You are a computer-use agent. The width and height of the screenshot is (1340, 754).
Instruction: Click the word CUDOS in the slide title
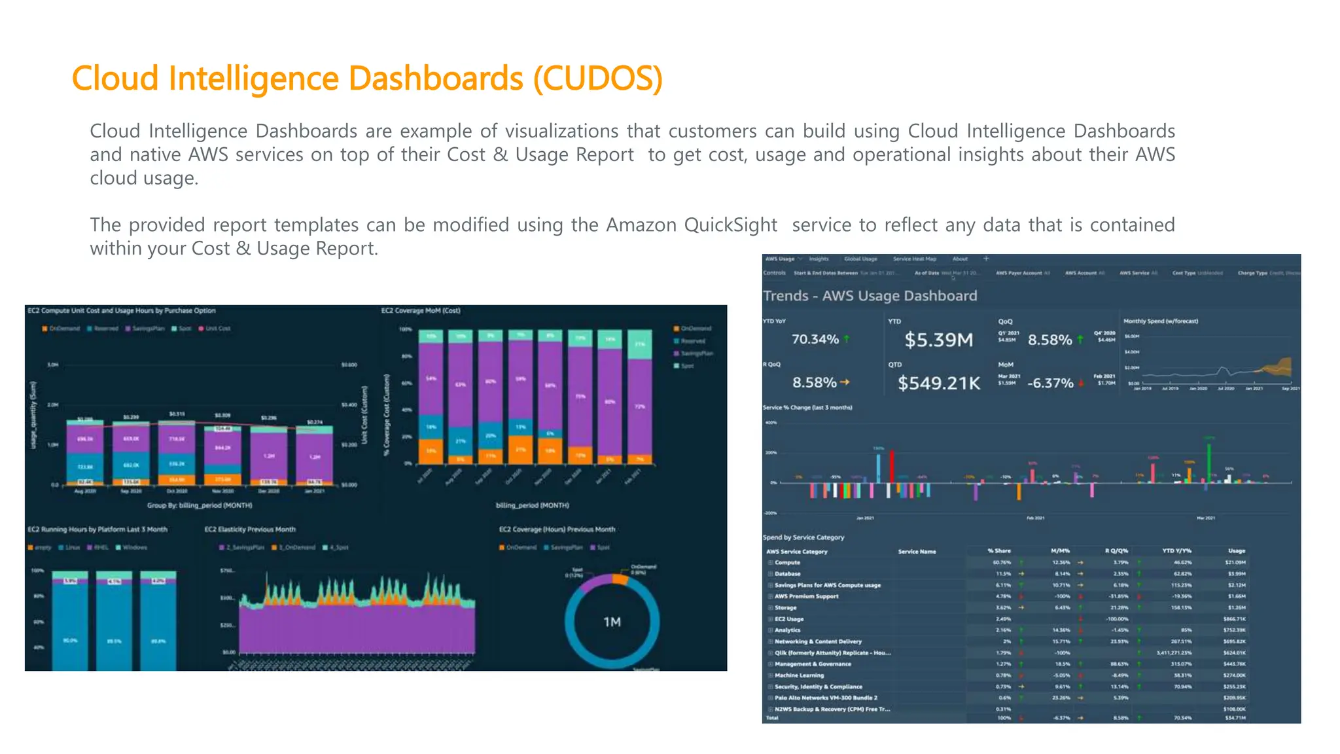click(x=597, y=79)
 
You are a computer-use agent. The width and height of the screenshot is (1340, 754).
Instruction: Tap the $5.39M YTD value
click(x=938, y=340)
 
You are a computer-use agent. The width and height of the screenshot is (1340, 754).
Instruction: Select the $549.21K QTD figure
click(x=938, y=383)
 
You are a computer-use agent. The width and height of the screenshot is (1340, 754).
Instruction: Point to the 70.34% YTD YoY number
click(x=815, y=339)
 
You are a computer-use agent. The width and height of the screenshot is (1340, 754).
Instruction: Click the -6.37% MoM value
click(x=1049, y=383)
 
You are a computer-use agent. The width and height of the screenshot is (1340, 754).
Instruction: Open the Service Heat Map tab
click(x=914, y=259)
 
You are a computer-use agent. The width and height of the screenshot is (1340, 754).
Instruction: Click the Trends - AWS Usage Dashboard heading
click(x=870, y=296)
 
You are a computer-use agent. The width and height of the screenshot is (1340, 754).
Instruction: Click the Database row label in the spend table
click(x=787, y=574)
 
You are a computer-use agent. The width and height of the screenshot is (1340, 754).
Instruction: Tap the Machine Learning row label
click(x=799, y=675)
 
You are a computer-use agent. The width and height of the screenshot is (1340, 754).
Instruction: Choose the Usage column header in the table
click(x=1236, y=551)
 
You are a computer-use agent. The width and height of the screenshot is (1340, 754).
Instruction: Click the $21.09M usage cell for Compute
click(x=1235, y=562)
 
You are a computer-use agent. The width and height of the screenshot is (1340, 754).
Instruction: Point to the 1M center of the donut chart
click(x=612, y=622)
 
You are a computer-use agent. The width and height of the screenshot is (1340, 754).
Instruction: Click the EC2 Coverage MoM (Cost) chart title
click(x=421, y=311)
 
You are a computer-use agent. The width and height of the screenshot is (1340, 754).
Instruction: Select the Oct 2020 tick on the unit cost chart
click(x=177, y=491)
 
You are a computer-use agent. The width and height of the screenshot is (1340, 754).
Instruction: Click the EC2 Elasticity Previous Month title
click(x=250, y=530)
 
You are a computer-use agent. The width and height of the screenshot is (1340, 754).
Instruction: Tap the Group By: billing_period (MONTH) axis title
click(x=200, y=505)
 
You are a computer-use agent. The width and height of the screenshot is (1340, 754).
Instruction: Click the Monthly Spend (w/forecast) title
click(x=1160, y=321)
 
